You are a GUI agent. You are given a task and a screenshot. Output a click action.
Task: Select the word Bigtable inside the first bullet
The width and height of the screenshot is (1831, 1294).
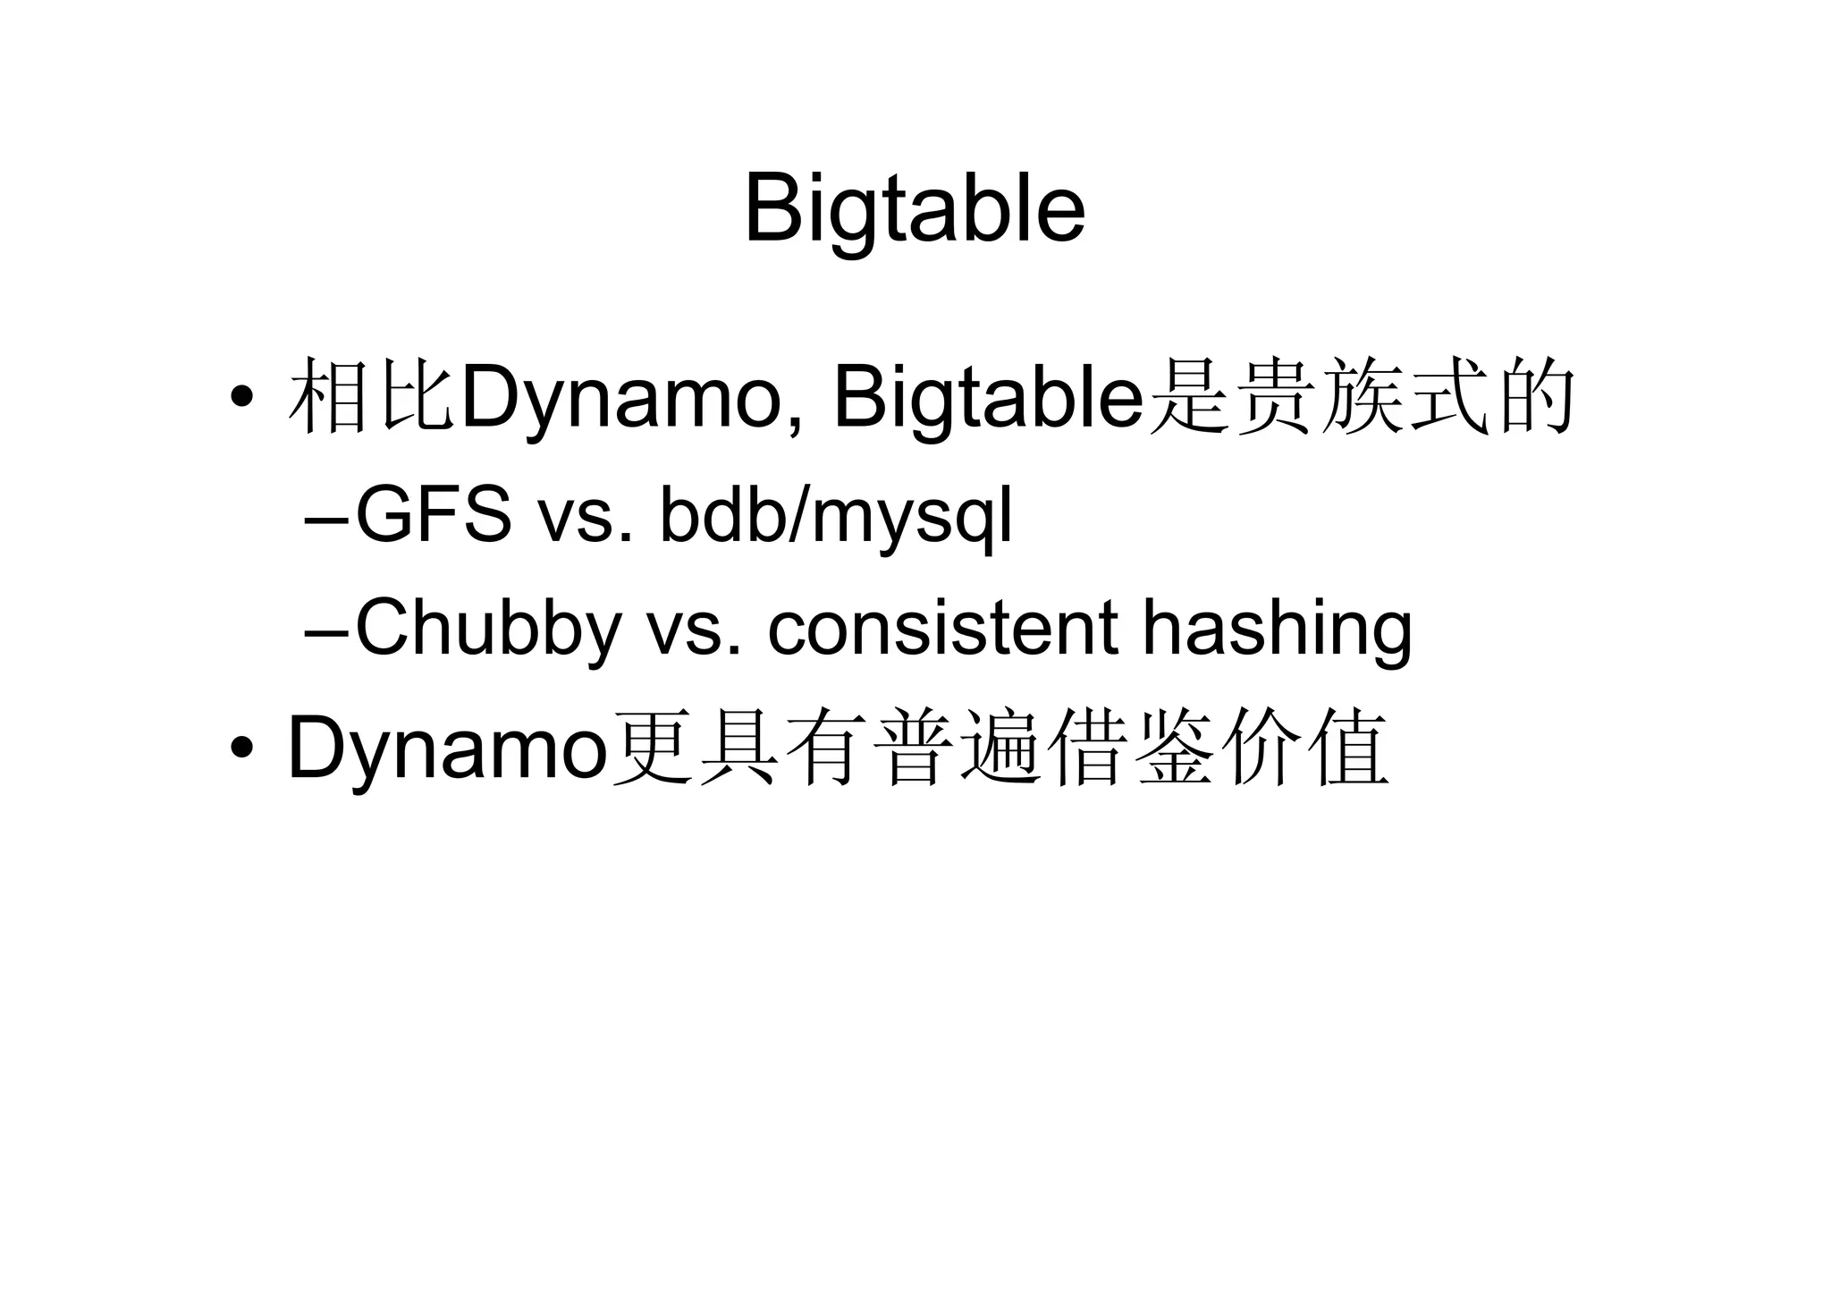(x=988, y=399)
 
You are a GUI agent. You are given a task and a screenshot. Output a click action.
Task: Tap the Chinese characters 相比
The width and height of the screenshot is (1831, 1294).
(x=370, y=399)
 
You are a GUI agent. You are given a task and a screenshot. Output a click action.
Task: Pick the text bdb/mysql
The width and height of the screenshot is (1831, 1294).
(x=836, y=517)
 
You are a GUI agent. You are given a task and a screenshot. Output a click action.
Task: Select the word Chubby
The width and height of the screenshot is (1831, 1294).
(x=488, y=630)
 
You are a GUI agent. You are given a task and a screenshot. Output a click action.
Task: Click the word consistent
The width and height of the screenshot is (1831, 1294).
(x=943, y=630)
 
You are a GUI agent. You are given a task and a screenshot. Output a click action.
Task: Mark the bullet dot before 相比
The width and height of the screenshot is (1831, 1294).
(x=240, y=395)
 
